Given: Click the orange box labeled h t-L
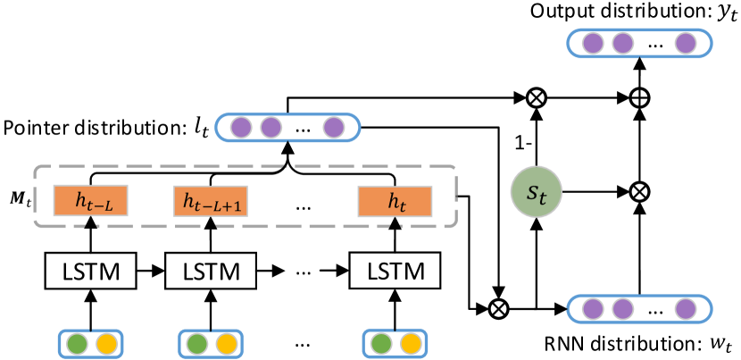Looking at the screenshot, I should coord(90,201).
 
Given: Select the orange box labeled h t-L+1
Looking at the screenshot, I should coord(210,201).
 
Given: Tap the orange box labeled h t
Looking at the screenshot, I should coord(395,201).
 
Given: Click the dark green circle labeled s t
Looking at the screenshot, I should coord(536,191).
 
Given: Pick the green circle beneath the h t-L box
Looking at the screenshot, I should coord(78,344).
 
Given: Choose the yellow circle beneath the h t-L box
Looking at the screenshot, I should coord(106,344).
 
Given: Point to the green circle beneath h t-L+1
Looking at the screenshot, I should coord(197,344).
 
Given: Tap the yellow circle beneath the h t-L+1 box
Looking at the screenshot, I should coord(226,344).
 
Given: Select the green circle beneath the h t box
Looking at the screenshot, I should coord(381,344).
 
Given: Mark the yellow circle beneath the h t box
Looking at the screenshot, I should coord(410,344).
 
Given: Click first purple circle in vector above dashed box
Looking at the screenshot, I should coord(241,128).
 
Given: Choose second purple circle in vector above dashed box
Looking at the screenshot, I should coord(271,128).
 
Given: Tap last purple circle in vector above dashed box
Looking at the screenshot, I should coord(333,128).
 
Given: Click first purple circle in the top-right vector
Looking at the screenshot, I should coord(593,43).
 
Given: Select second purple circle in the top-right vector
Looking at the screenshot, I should coord(622,43).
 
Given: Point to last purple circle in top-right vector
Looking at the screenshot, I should coord(685,43).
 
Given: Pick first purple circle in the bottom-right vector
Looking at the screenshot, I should coord(593,309).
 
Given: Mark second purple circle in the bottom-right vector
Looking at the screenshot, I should coord(622,309).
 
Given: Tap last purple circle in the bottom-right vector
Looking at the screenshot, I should coord(685,309).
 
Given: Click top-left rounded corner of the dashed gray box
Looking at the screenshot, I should coord(37,169).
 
